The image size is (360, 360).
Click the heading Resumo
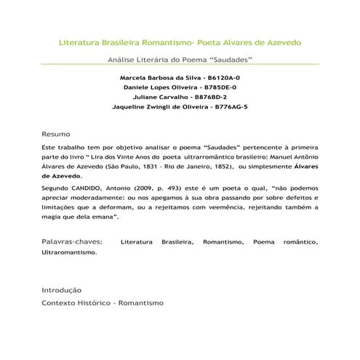pyautogui.click(x=56, y=135)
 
